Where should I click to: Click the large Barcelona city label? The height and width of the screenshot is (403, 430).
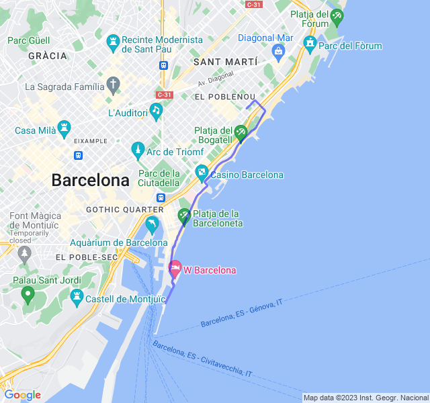(x=90, y=180)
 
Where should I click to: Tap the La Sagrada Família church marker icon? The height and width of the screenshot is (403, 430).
(x=114, y=85)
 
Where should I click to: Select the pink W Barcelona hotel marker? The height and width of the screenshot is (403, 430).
(x=175, y=269)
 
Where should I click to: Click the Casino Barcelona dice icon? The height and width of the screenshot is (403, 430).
(x=201, y=174)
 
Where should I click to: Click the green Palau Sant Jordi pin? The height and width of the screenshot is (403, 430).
(x=28, y=294)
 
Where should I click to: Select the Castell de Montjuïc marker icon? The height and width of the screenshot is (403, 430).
(x=76, y=296)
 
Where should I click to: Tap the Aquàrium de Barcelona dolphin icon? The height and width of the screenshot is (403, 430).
(x=152, y=223)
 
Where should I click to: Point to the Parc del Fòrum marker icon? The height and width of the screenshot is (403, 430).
(x=310, y=45)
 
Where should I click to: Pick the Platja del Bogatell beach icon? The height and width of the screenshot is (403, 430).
(x=241, y=133)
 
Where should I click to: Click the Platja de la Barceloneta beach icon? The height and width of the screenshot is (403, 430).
(x=183, y=216)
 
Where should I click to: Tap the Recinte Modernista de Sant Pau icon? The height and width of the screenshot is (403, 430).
(x=113, y=43)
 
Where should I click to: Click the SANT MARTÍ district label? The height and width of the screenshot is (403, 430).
(x=225, y=62)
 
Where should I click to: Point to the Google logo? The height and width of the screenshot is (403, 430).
(x=22, y=395)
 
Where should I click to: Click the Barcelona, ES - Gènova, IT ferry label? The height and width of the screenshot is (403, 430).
(x=241, y=314)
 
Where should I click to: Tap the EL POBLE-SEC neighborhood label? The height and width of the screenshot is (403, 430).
(x=87, y=257)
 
